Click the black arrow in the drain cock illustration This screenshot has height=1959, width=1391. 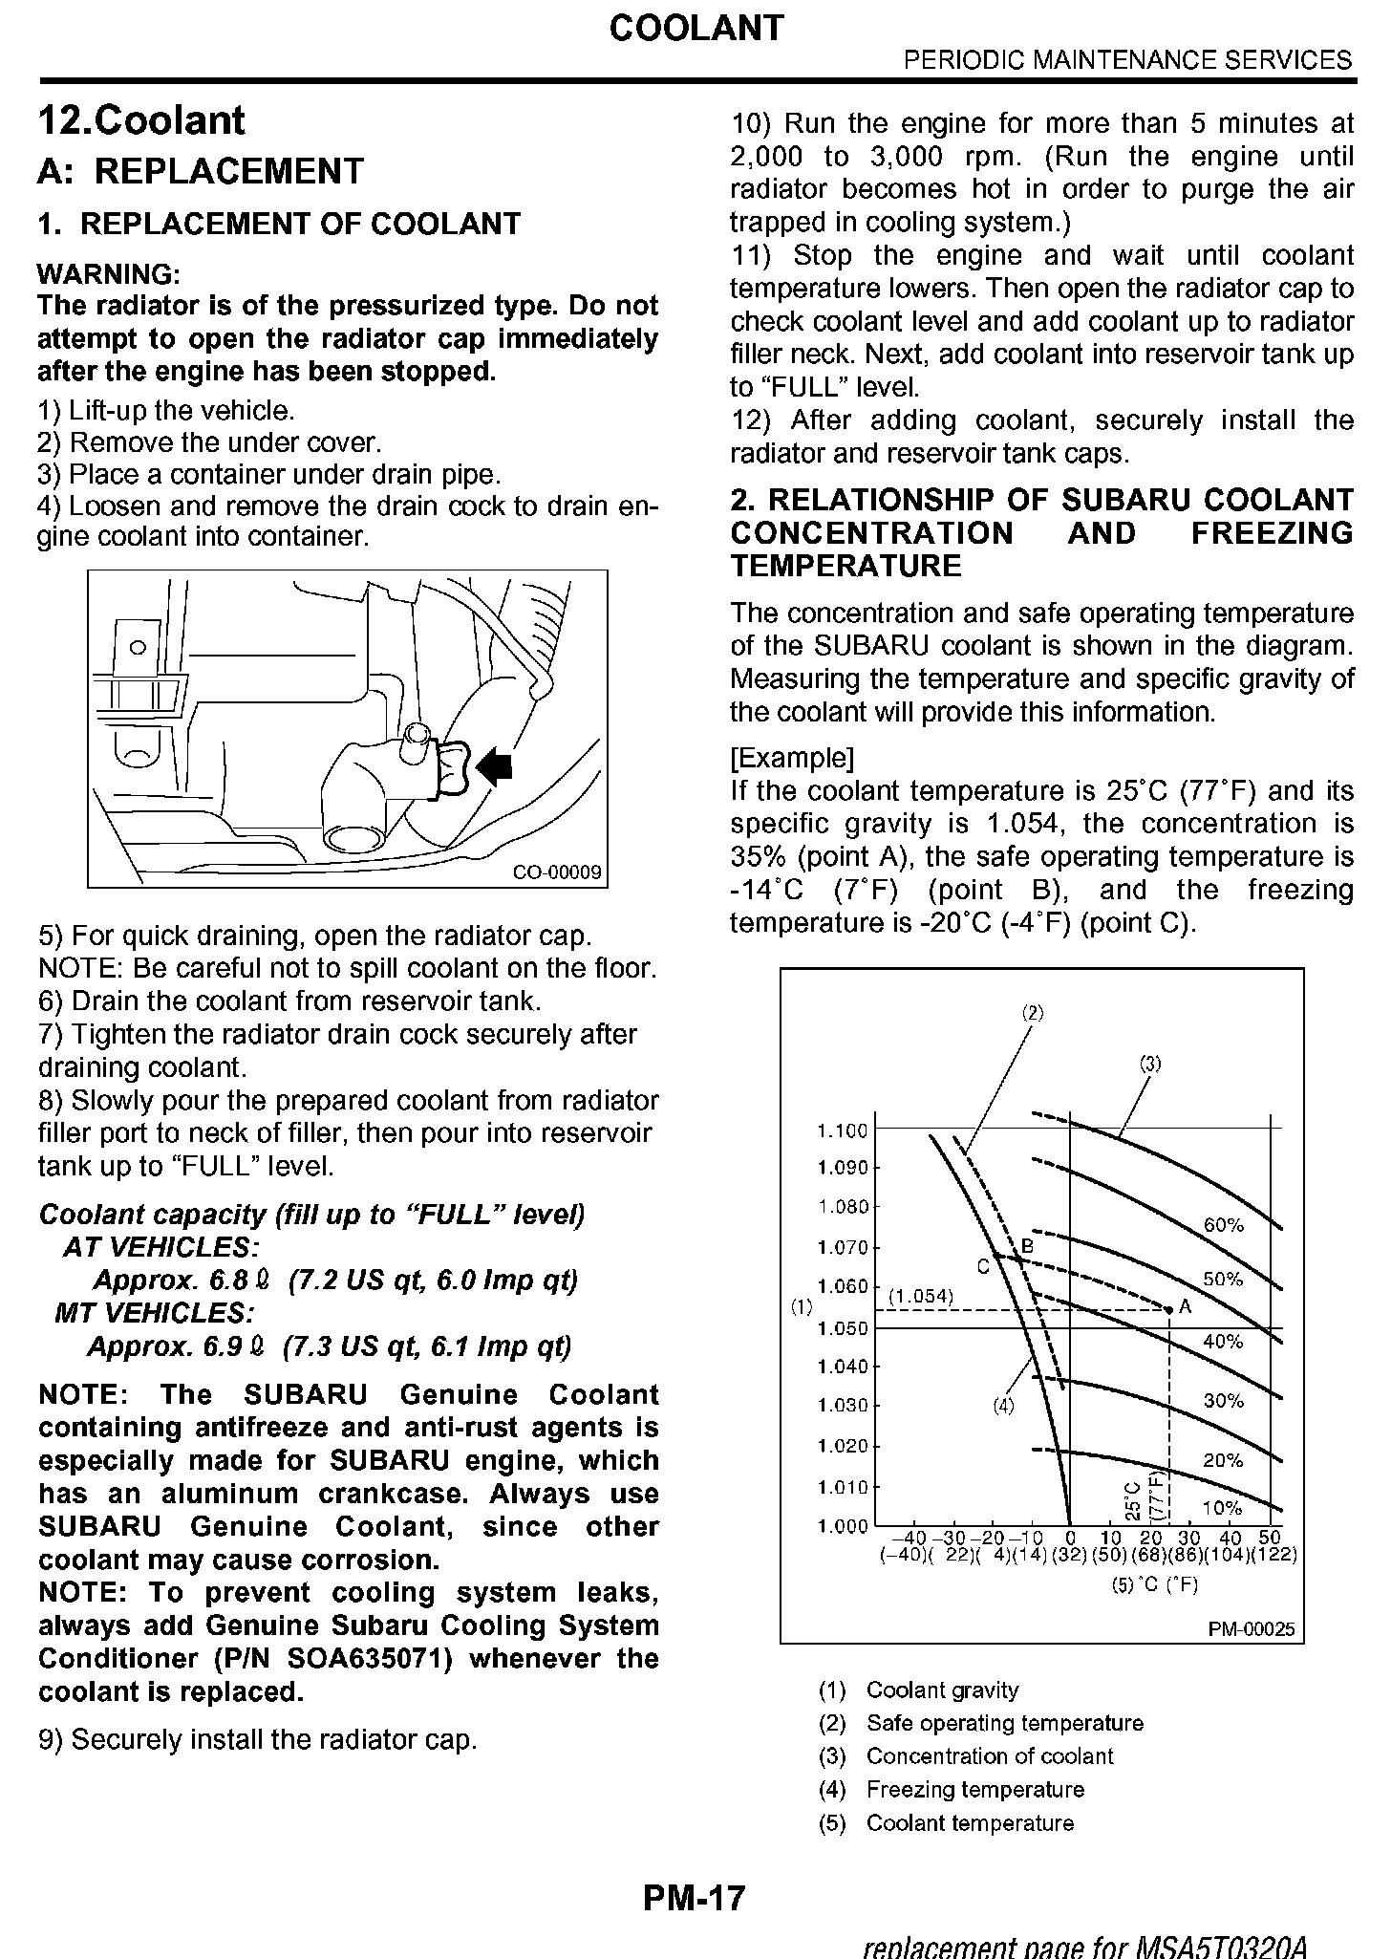pyautogui.click(x=495, y=765)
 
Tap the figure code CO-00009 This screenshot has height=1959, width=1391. pyautogui.click(x=557, y=872)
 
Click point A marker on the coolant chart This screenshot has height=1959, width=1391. pyautogui.click(x=1169, y=1308)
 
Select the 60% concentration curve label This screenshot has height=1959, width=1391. pyautogui.click(x=1223, y=1225)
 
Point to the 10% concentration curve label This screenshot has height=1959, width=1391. pyautogui.click(x=1222, y=1508)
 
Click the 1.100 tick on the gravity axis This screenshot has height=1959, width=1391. pyautogui.click(x=843, y=1130)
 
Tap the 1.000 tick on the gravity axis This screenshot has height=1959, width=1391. pyautogui.click(x=843, y=1526)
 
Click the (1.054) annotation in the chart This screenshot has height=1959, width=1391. pyautogui.click(x=921, y=1296)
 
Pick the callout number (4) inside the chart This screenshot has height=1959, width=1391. pyautogui.click(x=1002, y=1406)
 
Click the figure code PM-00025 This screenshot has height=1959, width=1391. pyautogui.click(x=1252, y=1629)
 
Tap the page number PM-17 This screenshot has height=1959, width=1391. pyautogui.click(x=694, y=1897)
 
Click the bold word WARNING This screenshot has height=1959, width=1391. pyautogui.click(x=109, y=275)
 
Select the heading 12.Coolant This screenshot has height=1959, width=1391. pyautogui.click(x=141, y=121)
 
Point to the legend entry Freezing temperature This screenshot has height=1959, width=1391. pyautogui.click(x=974, y=1789)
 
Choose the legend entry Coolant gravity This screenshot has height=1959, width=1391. pyautogui.click(x=942, y=1690)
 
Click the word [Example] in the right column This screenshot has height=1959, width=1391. pyautogui.click(x=792, y=758)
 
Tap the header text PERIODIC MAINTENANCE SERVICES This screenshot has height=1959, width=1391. pyautogui.click(x=1127, y=60)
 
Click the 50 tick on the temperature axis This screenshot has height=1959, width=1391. pyautogui.click(x=1269, y=1538)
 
